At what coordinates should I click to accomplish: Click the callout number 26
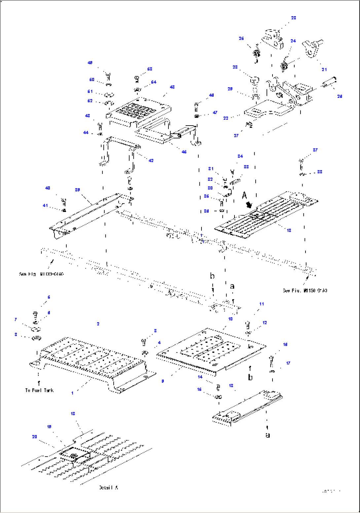241,38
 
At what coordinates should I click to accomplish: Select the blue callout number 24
293,41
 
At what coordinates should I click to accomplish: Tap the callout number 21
324,69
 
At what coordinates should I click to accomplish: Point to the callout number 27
236,136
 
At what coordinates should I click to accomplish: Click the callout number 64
154,82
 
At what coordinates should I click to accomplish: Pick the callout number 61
90,92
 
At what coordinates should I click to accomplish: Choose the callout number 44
86,133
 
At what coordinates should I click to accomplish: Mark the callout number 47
215,113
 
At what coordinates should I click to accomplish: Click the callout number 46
184,152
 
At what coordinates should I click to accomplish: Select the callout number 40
48,188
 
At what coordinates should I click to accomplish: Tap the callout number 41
45,206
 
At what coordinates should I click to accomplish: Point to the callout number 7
16,319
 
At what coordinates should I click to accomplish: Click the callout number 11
262,304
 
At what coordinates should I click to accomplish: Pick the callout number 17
288,363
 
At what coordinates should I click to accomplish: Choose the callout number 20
35,437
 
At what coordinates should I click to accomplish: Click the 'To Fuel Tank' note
39,390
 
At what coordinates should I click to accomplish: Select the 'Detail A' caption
108,488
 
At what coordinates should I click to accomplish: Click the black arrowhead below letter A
249,205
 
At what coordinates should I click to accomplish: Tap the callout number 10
230,319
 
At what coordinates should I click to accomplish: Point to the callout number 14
200,377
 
